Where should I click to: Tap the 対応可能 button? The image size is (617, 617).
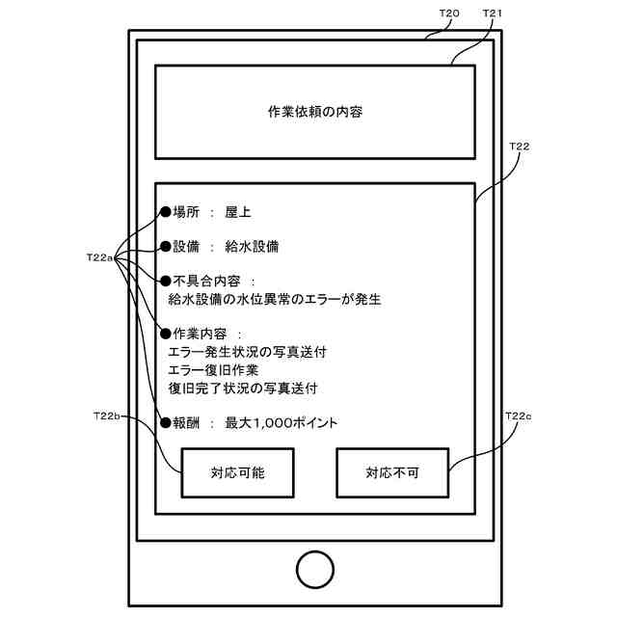point(237,472)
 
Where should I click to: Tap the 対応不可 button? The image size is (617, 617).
point(391,472)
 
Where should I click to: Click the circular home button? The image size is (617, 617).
point(314,569)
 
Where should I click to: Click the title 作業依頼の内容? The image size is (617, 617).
point(314,111)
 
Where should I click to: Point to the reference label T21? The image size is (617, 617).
point(493,13)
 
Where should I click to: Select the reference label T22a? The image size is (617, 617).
point(100,258)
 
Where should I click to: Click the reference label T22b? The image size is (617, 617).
point(106,416)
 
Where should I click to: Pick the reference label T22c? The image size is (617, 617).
point(518,416)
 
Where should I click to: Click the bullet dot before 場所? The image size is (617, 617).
point(165,212)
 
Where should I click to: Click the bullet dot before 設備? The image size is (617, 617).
point(165,247)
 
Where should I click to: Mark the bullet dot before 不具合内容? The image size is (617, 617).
point(165,282)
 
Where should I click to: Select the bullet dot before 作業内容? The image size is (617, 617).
point(165,335)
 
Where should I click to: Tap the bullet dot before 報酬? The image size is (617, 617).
point(165,422)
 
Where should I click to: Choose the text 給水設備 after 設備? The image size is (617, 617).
point(252,247)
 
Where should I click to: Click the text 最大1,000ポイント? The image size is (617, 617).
point(282,422)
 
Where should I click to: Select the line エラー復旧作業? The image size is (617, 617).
point(213,370)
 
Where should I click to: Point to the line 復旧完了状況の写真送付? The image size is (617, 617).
point(242,388)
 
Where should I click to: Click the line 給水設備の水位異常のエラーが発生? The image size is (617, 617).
point(274,300)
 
